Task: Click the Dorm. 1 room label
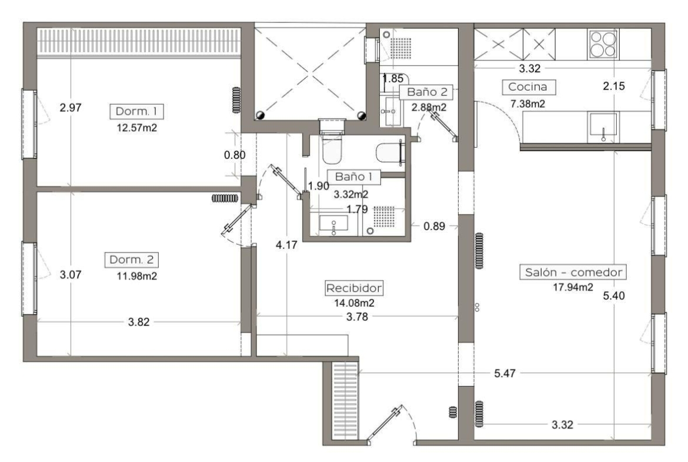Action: [136, 112]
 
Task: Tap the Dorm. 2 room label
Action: [131, 260]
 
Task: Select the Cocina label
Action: [528, 87]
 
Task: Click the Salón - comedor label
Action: [573, 272]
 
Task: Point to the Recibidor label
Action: [354, 288]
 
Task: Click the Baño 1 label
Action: [353, 177]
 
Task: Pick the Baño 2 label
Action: [426, 92]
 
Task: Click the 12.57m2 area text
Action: [137, 128]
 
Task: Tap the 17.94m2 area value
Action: [573, 288]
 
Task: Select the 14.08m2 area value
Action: [354, 303]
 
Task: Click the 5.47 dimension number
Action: [505, 374]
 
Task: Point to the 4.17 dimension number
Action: [286, 245]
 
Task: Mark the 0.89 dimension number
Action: [435, 226]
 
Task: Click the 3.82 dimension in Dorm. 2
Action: [139, 323]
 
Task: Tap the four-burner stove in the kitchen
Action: [603, 44]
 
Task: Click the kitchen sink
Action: [603, 127]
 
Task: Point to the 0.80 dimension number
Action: [235, 155]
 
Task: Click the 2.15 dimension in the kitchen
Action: [613, 86]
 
